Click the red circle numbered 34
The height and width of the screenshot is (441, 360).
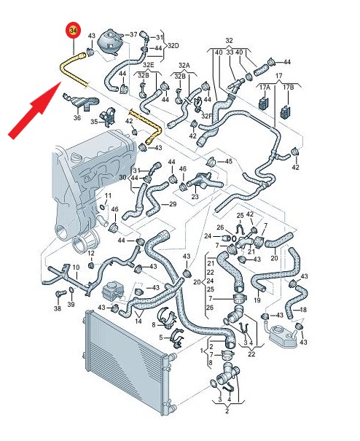point(73,31)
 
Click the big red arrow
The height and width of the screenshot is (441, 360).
point(34,111)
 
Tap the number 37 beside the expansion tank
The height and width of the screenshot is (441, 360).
point(133,34)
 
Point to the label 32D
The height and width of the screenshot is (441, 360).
point(173,46)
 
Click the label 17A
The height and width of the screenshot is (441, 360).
point(265,87)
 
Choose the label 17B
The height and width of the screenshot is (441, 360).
point(288,87)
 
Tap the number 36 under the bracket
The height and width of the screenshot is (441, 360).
point(77,117)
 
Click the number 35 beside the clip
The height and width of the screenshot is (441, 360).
point(94,122)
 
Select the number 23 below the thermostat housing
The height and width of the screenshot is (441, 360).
point(195,197)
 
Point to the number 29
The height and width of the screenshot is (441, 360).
point(173,204)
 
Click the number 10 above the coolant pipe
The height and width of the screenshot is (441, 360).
point(76,268)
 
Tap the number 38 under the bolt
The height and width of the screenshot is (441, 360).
point(58,308)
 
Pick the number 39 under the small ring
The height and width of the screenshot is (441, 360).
point(71,304)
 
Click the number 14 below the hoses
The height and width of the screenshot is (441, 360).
point(138,321)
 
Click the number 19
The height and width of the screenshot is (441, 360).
point(257,300)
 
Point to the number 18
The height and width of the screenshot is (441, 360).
point(303,310)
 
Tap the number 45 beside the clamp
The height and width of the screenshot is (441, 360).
point(229,161)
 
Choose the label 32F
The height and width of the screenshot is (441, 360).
point(207,116)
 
